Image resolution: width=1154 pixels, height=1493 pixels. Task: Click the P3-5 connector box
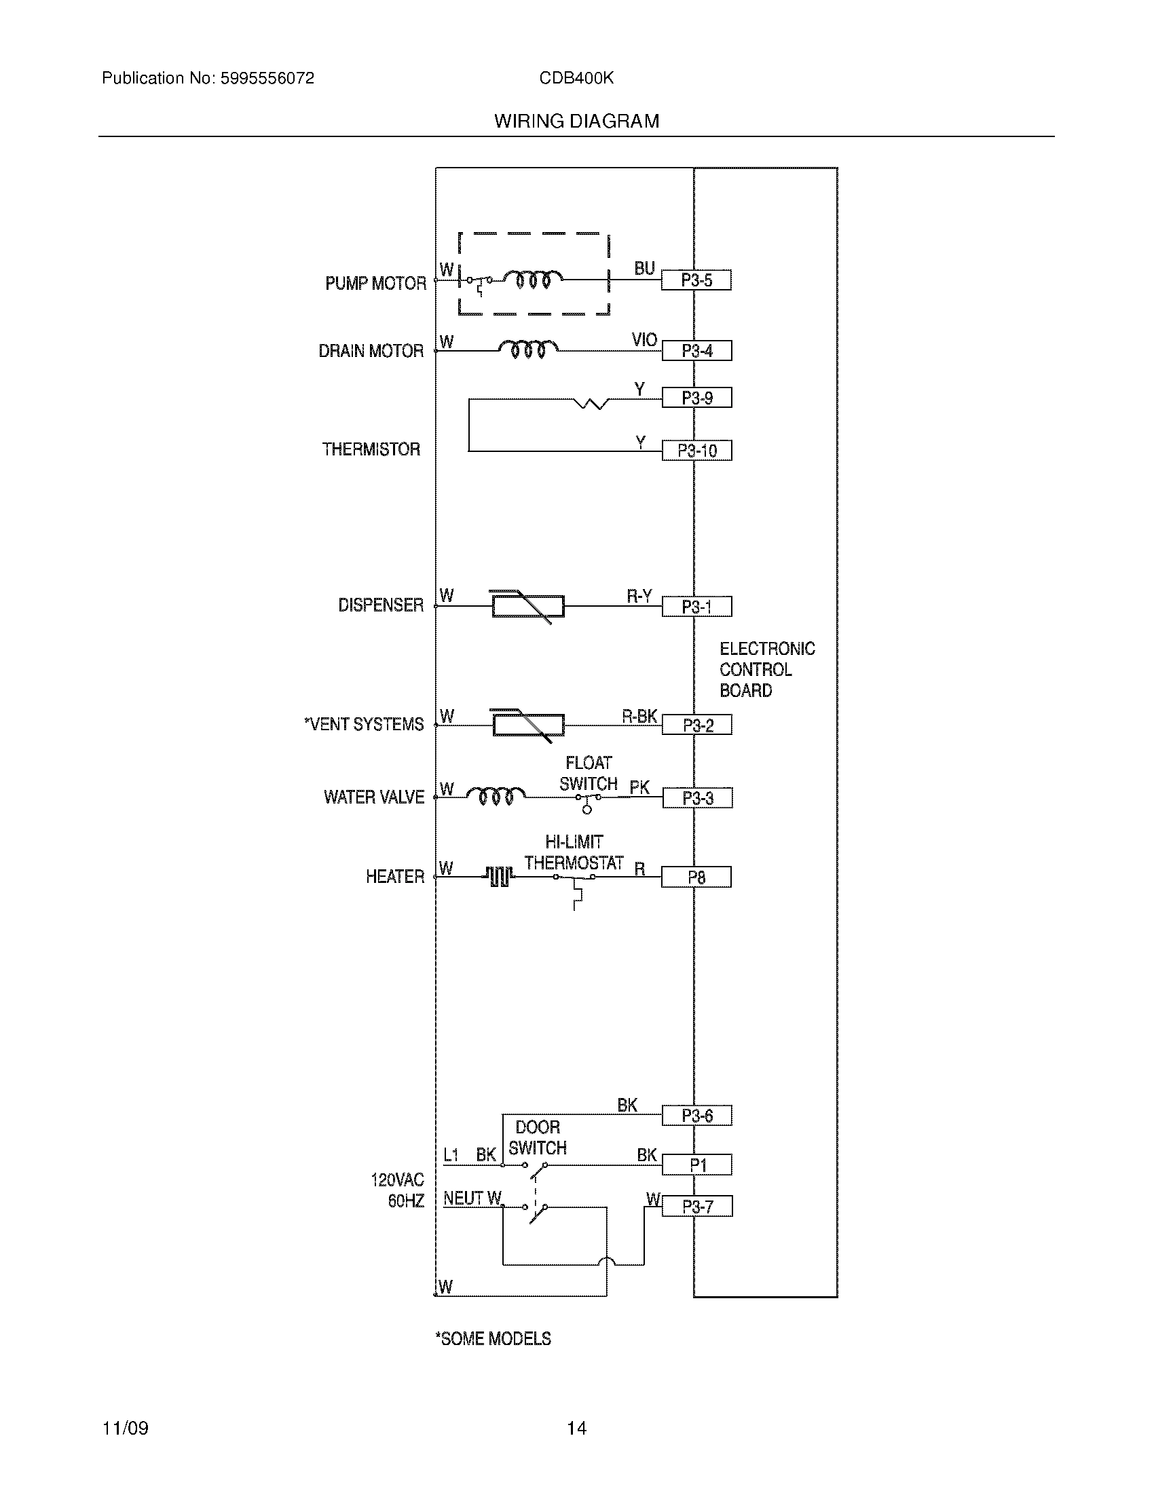[x=696, y=280]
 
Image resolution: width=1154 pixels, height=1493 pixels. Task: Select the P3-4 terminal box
[x=696, y=351]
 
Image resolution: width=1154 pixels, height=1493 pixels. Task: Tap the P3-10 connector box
[x=696, y=451]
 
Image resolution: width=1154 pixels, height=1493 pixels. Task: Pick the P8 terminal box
[x=696, y=877]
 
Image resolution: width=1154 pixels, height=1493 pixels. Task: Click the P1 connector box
[x=696, y=1165]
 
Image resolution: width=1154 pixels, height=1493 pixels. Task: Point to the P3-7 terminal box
[x=696, y=1207]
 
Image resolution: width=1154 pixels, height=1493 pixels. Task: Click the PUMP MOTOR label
[x=375, y=283]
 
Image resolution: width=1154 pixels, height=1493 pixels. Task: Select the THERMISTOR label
[x=371, y=449]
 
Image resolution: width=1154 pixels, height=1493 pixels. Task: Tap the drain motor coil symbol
[x=527, y=349]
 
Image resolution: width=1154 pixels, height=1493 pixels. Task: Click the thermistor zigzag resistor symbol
[x=591, y=403]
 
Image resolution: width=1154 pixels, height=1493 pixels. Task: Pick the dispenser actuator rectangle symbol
[x=527, y=606]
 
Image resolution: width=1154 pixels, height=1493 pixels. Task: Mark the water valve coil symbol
[x=496, y=796]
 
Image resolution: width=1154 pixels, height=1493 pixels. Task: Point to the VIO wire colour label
[x=644, y=340]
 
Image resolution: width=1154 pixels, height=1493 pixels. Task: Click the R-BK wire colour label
[x=639, y=716]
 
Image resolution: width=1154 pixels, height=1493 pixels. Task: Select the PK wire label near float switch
[x=639, y=787]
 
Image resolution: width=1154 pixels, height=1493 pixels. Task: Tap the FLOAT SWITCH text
[x=588, y=773]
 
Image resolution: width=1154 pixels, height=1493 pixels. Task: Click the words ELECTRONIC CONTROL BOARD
[x=766, y=669]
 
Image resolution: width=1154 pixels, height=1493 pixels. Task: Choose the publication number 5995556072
[x=267, y=79]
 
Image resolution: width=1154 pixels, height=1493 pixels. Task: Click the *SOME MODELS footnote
[x=493, y=1338]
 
